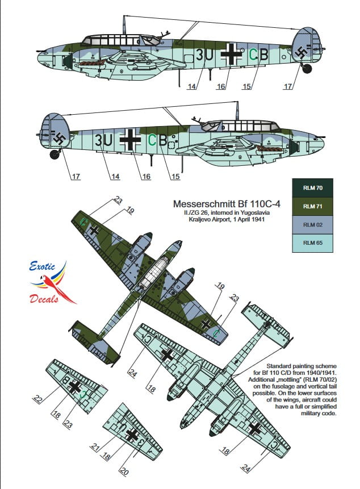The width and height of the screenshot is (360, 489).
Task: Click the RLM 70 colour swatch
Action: pyautogui.click(x=309, y=187)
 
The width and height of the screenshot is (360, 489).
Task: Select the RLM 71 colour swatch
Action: pyautogui.click(x=309, y=206)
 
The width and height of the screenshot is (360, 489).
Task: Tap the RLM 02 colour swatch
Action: pyautogui.click(x=309, y=224)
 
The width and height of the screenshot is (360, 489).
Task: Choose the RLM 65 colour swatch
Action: pyautogui.click(x=309, y=243)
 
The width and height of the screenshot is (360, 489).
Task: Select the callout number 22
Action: pyautogui.click(x=37, y=399)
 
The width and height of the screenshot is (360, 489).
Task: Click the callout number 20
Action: pyautogui.click(x=123, y=471)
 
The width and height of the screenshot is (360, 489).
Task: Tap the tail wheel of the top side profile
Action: pyautogui.click(x=307, y=68)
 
